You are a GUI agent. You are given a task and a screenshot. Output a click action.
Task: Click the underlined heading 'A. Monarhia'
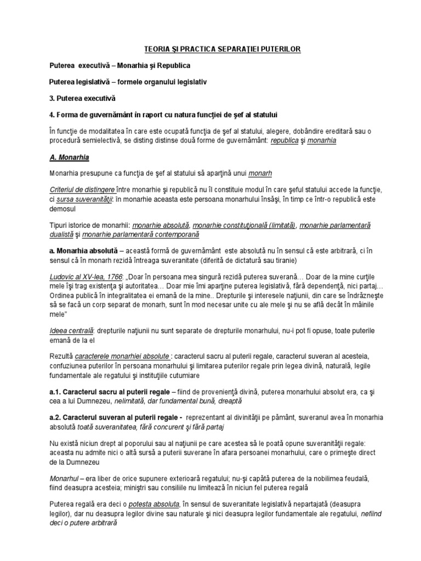click(70, 157)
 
